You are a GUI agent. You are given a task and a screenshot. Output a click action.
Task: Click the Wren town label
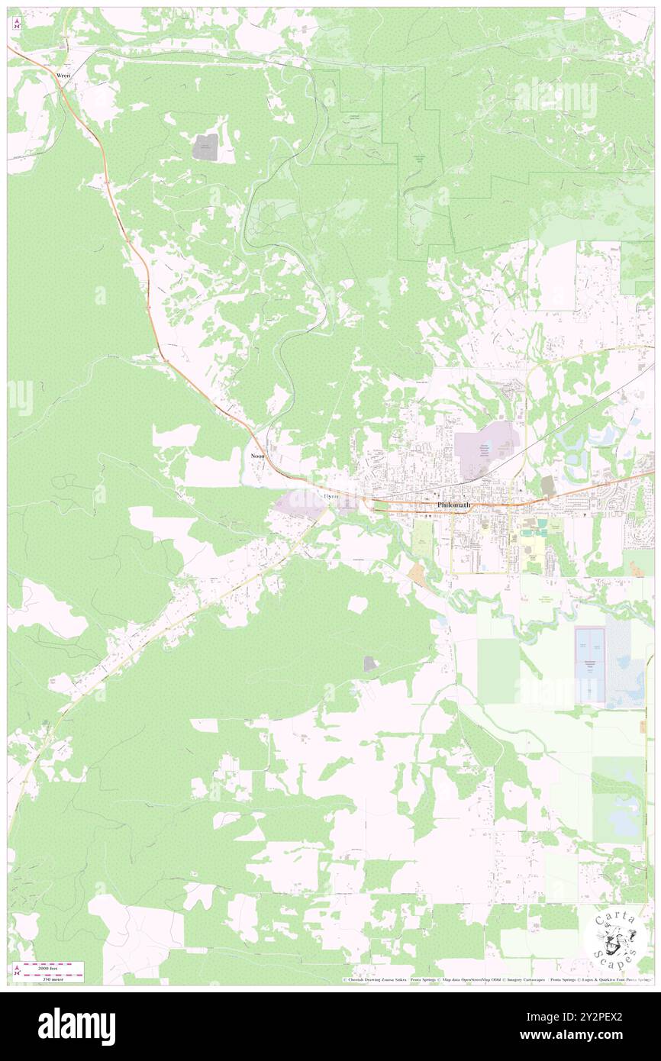pyautogui.click(x=63, y=76)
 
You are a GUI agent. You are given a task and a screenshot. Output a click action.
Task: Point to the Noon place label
pyautogui.click(x=258, y=455)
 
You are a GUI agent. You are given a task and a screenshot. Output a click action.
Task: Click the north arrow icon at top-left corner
pyautogui.click(x=17, y=23)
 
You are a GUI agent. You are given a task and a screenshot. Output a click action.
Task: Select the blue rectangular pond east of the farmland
pyautogui.click(x=588, y=665)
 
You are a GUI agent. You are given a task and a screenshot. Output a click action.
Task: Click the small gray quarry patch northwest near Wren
pyautogui.click(x=205, y=147)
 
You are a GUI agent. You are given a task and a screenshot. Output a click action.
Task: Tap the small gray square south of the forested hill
pyautogui.click(x=370, y=664)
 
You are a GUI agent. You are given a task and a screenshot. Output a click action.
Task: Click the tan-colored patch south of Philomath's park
pyautogui.click(x=418, y=573)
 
